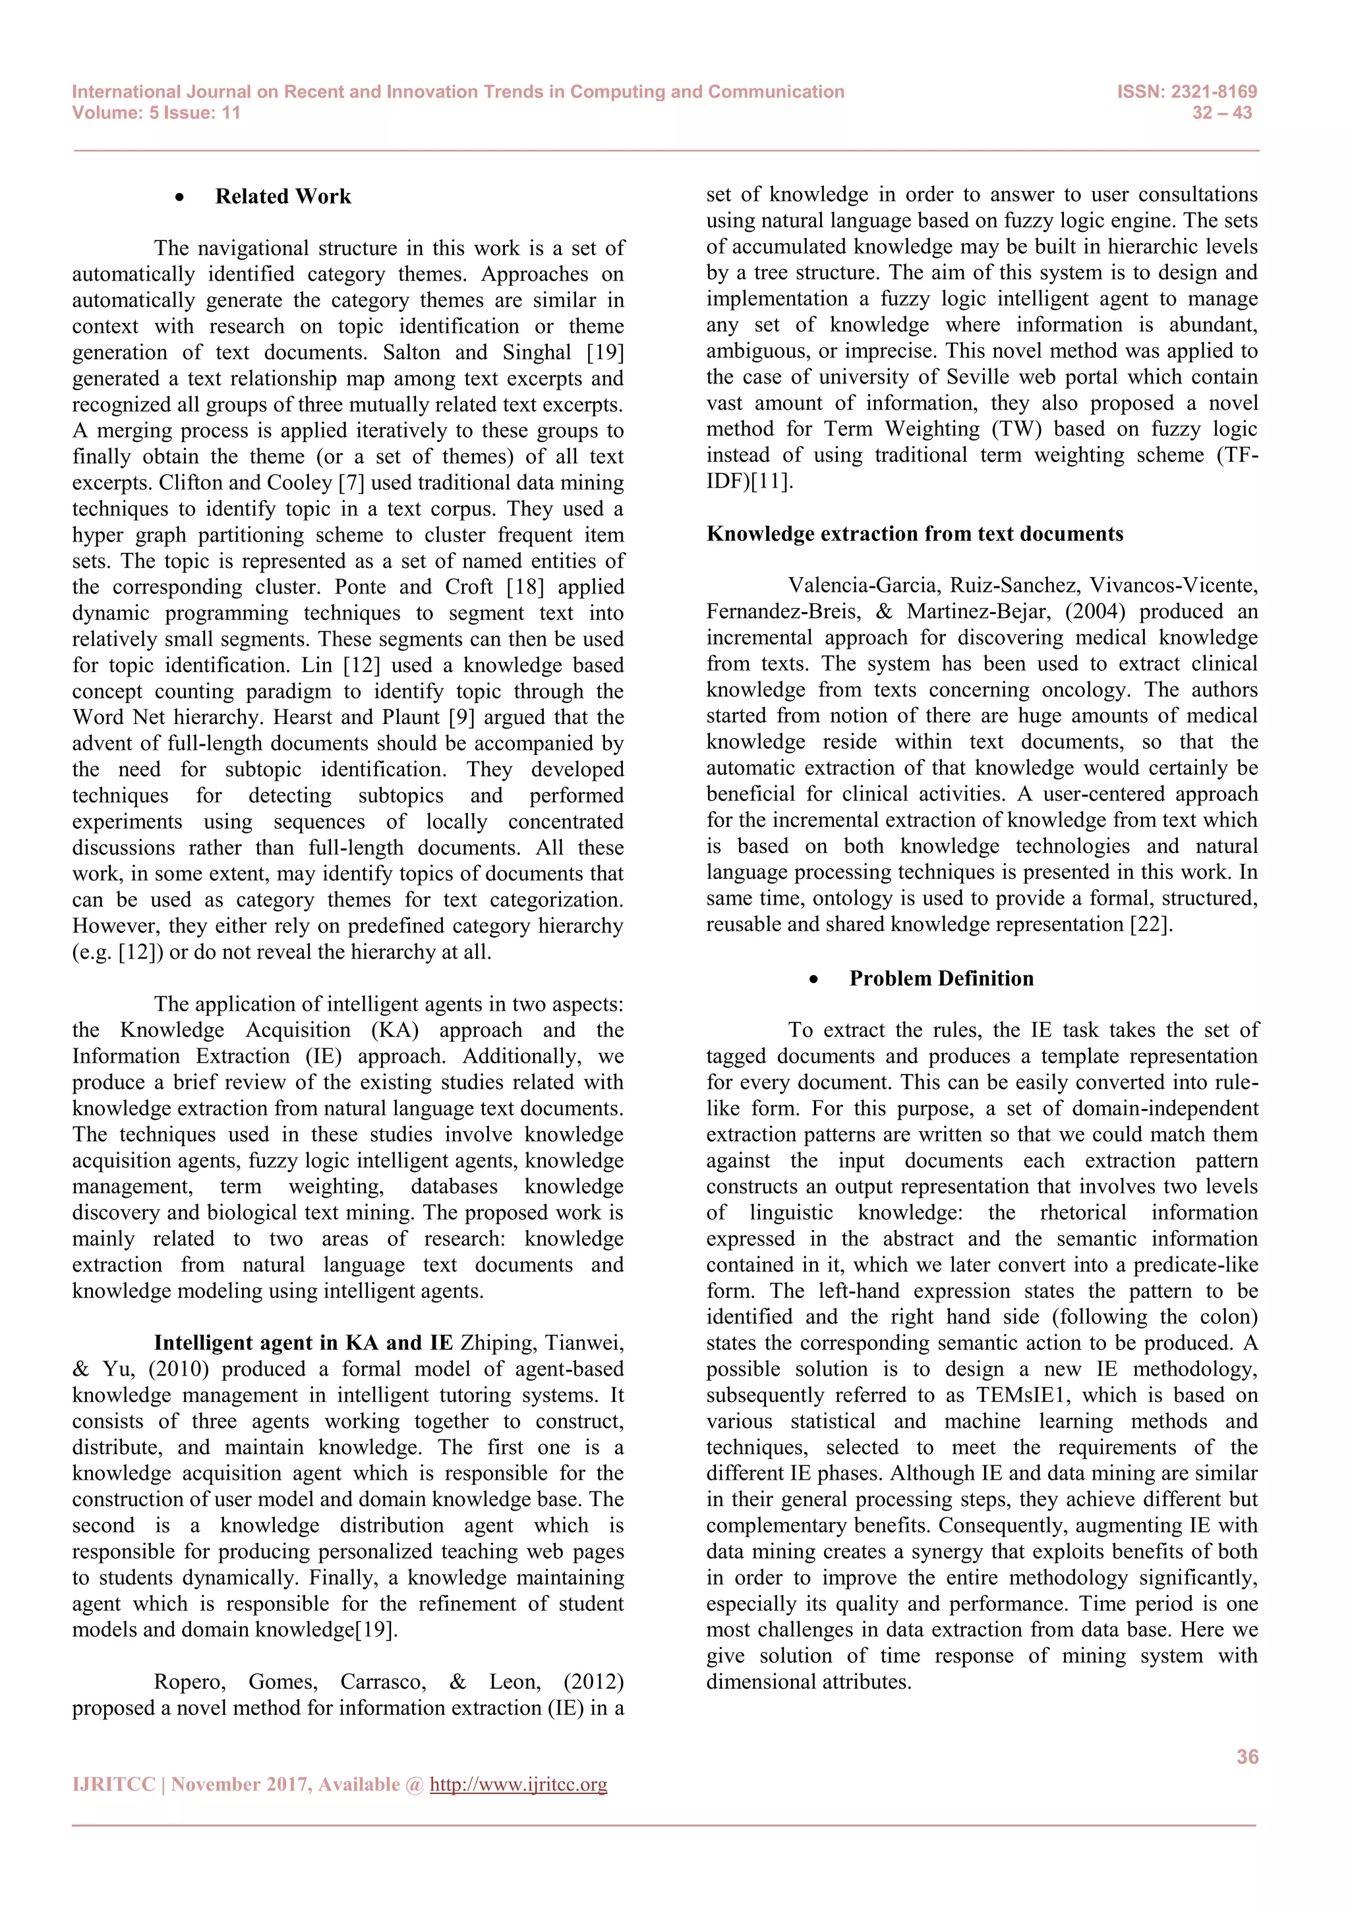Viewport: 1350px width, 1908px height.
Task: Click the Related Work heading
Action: pyautogui.click(x=283, y=197)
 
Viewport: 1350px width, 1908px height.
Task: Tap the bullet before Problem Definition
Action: pyautogui.click(x=813, y=980)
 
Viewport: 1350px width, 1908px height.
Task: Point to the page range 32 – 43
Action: pyautogui.click(x=1221, y=113)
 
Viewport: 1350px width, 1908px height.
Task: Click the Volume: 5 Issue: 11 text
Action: pyautogui.click(x=156, y=113)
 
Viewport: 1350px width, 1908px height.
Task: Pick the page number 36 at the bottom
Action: pyautogui.click(x=1247, y=1756)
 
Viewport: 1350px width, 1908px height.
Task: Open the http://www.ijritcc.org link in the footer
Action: pyautogui.click(x=518, y=1784)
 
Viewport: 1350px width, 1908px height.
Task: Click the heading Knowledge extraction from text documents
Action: pyautogui.click(x=914, y=534)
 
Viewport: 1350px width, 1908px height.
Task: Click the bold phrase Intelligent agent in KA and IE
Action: pyautogui.click(x=303, y=1343)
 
